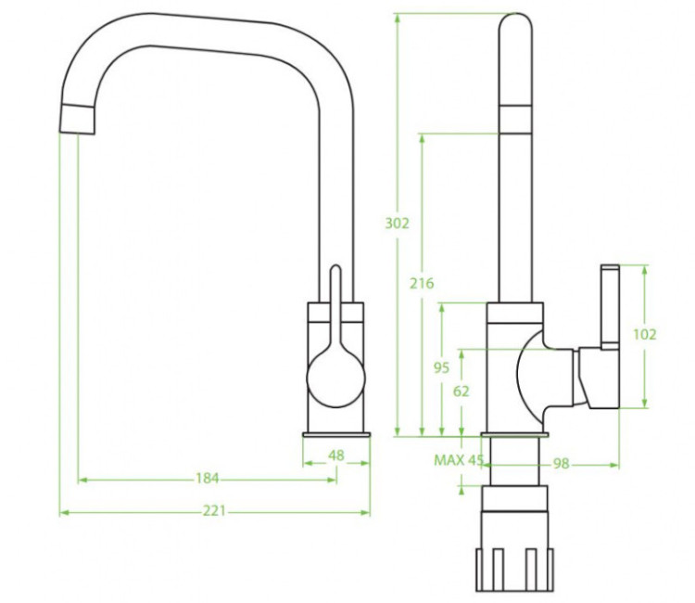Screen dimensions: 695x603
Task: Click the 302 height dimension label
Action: (x=397, y=224)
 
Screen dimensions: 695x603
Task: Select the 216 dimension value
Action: (x=422, y=283)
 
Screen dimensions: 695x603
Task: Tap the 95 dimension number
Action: (x=441, y=367)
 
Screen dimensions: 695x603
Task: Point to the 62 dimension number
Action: (x=461, y=391)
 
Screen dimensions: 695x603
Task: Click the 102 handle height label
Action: (x=644, y=334)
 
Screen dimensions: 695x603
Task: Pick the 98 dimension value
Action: (x=562, y=464)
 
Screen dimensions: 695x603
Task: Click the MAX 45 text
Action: (x=459, y=460)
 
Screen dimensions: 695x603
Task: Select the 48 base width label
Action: (x=336, y=455)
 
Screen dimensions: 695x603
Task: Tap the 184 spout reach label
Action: (x=208, y=479)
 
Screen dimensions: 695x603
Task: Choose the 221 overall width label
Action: (x=215, y=511)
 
